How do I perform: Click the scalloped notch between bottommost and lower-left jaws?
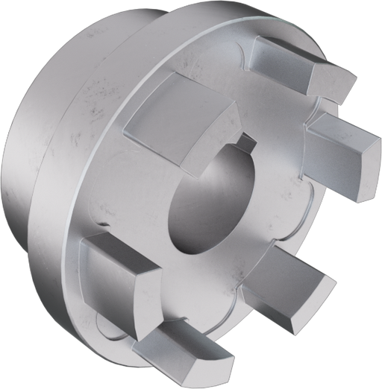[112, 320]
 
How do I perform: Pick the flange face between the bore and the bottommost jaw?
[194, 283]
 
